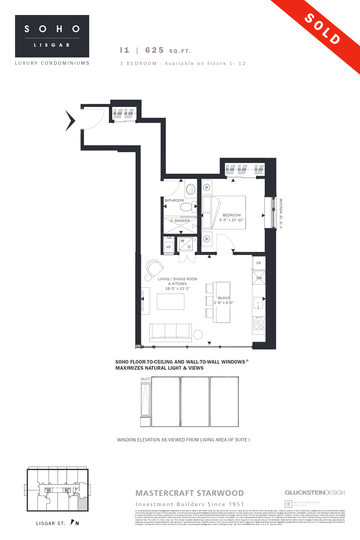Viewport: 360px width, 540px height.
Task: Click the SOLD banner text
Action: click(322, 29)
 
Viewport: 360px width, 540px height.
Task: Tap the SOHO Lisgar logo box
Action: click(52, 36)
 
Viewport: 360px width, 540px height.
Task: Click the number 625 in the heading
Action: click(154, 50)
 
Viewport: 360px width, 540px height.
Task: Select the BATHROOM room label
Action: click(174, 200)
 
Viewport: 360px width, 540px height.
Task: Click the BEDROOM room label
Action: click(231, 215)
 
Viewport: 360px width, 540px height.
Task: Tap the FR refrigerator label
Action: click(259, 263)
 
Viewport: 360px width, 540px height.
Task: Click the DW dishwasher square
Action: click(259, 278)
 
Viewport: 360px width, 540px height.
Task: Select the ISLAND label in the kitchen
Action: click(224, 298)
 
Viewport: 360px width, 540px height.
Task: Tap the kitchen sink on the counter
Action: click(258, 303)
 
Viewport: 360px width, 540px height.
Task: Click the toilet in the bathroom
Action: click(187, 207)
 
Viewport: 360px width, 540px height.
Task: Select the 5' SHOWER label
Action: click(180, 221)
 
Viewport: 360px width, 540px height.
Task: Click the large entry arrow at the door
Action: click(70, 121)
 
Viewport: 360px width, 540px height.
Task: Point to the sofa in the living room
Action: click(171, 332)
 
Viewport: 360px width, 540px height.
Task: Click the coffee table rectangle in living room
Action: click(171, 301)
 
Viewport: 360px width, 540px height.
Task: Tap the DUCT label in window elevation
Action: click(145, 379)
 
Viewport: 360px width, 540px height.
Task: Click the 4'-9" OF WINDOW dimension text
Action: click(281, 213)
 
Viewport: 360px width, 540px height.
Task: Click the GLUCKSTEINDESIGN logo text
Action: click(315, 492)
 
